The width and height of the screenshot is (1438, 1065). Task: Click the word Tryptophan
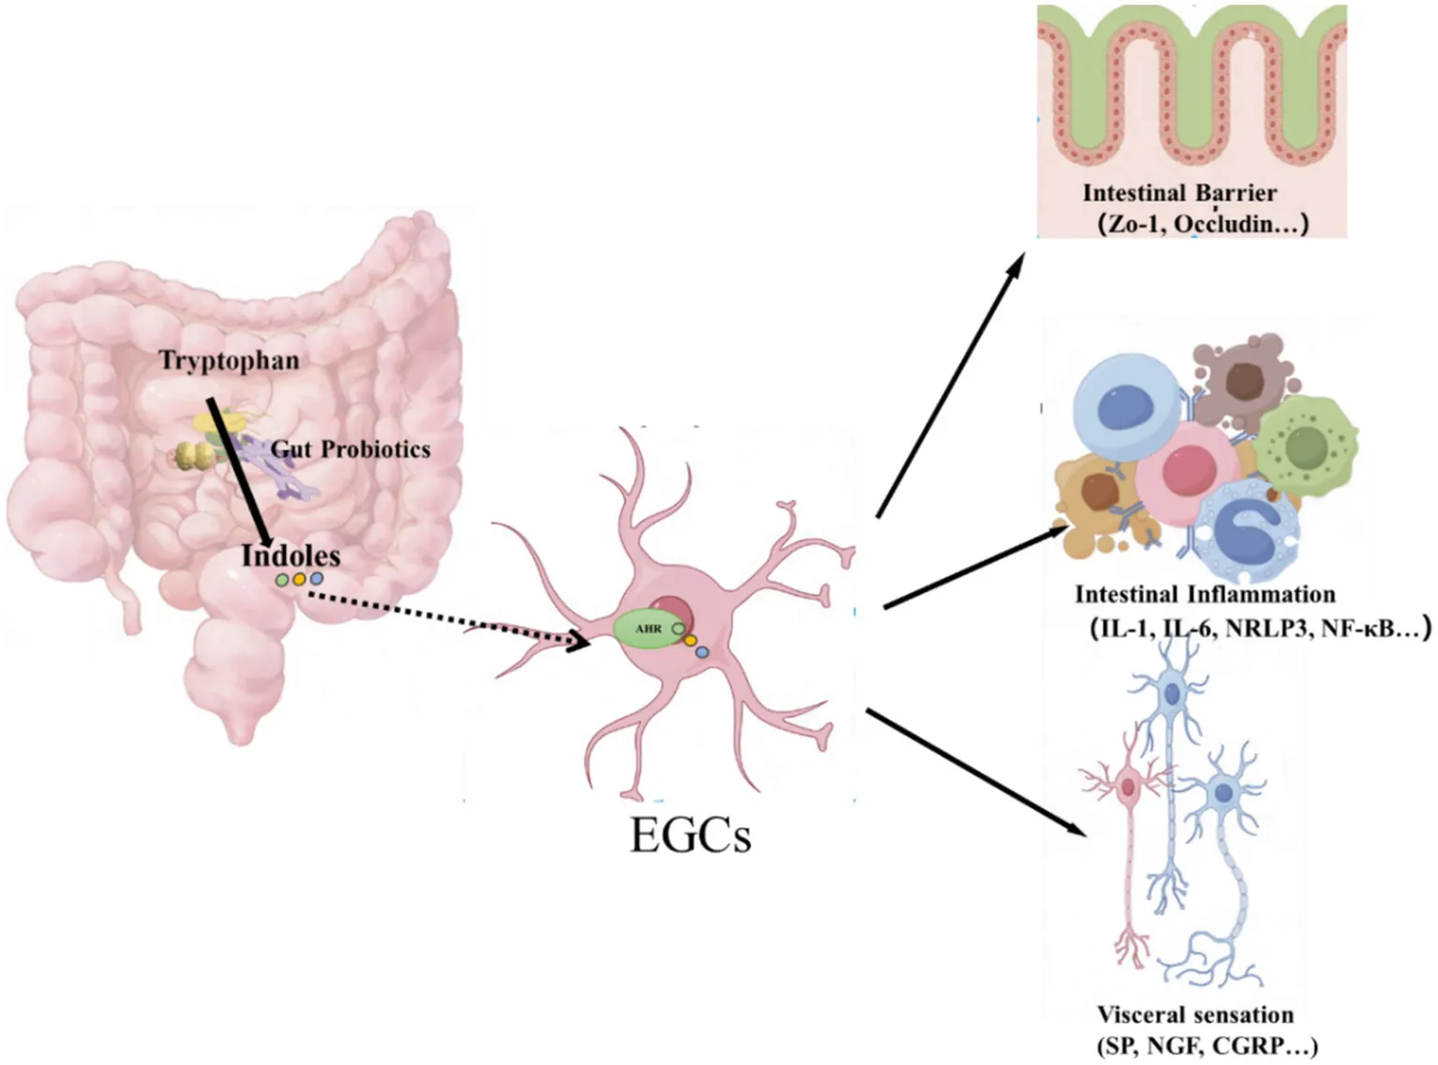[230, 361]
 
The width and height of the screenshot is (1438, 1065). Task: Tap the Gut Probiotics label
[350, 450]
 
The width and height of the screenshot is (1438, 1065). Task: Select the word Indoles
[291, 555]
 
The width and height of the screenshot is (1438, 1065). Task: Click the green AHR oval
[649, 629]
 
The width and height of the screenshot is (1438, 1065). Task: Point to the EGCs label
[690, 836]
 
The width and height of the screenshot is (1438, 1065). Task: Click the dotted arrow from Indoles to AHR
[450, 619]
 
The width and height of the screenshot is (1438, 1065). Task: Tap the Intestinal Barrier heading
[1180, 193]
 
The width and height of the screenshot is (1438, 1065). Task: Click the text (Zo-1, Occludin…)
[1203, 224]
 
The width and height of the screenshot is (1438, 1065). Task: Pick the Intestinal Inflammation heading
[1206, 595]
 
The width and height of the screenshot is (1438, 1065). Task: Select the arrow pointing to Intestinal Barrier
[950, 385]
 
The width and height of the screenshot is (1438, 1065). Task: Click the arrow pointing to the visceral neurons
[976, 773]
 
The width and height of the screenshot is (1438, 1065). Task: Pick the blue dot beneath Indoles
[317, 578]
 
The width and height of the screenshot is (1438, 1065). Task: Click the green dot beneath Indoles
[282, 580]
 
